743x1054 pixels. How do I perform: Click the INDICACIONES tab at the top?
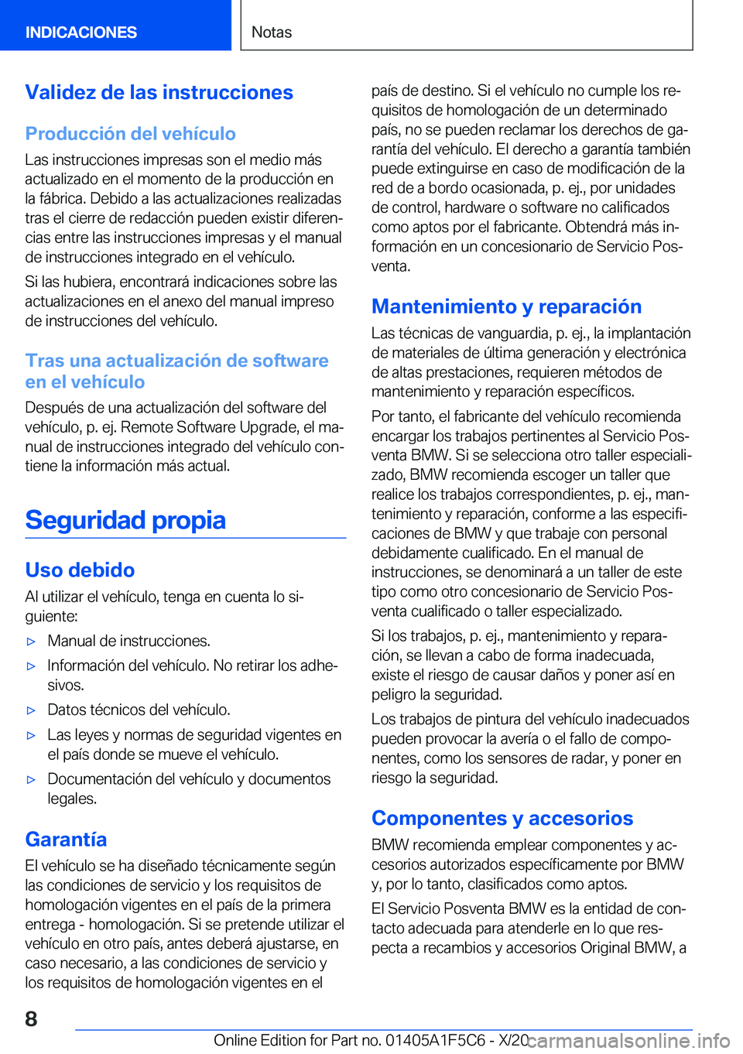[x=81, y=33]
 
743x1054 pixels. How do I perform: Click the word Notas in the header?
[x=272, y=33]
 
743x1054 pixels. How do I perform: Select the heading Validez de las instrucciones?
[x=159, y=93]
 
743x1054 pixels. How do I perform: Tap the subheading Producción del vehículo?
[x=130, y=134]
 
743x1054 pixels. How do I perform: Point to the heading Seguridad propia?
[x=125, y=520]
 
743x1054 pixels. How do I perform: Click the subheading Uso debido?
[x=80, y=570]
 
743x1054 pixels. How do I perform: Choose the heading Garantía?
[x=66, y=840]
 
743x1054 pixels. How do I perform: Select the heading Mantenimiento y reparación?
[x=506, y=306]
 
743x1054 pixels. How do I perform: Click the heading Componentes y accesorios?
[x=502, y=818]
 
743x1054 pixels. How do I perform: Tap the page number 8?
[x=31, y=1018]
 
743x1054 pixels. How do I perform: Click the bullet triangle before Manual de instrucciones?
[x=31, y=642]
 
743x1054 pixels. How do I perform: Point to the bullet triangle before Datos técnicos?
[x=31, y=710]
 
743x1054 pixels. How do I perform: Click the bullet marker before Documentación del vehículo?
[x=31, y=780]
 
